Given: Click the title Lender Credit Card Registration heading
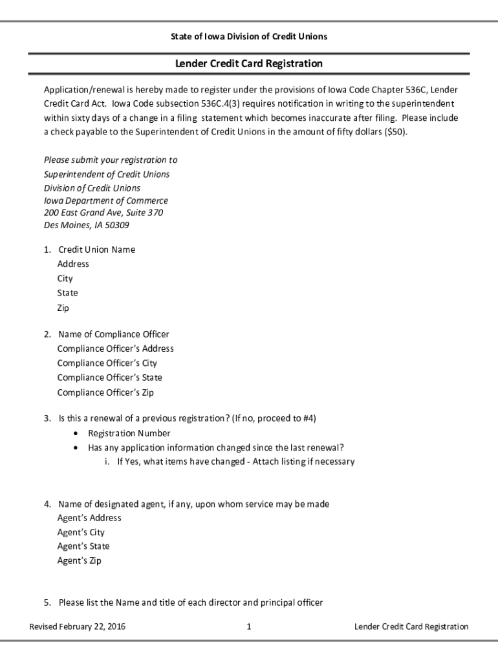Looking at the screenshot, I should click(249, 63).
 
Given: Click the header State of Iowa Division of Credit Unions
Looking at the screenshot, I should click(249, 36).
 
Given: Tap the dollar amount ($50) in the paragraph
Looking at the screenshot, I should click(394, 132).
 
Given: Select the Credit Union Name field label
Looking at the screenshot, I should click(96, 250).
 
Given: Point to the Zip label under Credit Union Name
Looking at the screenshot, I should click(63, 308).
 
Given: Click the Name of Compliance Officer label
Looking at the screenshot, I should click(113, 334).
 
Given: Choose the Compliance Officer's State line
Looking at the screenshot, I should click(109, 378).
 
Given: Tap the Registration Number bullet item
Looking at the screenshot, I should click(129, 433).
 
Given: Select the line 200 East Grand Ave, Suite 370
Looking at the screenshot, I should click(103, 212).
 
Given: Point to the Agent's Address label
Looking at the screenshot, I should click(89, 518).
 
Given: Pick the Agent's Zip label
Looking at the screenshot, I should click(79, 561).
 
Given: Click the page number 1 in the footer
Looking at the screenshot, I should click(249, 626).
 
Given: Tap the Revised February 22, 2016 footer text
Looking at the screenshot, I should click(78, 626).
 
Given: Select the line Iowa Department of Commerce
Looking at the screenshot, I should click(106, 200).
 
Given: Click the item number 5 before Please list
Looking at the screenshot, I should click(47, 603).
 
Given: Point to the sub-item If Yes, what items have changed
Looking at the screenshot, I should click(235, 462).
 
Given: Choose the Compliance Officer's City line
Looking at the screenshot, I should click(107, 363).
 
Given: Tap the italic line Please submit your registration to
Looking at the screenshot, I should click(111, 160).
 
